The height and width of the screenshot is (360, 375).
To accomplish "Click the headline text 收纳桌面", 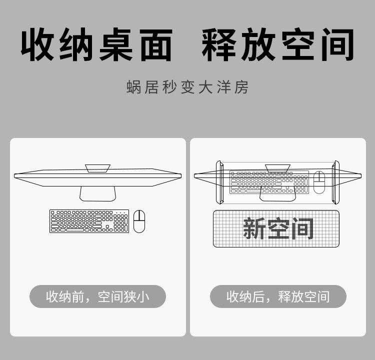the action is click(x=96, y=44).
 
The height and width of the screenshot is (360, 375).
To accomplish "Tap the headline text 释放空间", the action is click(x=278, y=44).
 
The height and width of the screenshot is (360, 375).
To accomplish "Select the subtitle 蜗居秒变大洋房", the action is click(x=187, y=87).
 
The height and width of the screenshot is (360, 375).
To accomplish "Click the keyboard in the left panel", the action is click(x=89, y=221).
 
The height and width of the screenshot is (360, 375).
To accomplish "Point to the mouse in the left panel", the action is click(x=139, y=221).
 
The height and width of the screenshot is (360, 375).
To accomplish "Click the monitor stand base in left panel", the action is click(x=98, y=194).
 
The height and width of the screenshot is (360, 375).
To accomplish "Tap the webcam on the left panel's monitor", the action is click(x=98, y=168).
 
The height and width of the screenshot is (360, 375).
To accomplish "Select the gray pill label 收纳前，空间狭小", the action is click(x=97, y=296).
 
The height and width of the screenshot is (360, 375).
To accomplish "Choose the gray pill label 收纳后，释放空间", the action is click(x=278, y=296).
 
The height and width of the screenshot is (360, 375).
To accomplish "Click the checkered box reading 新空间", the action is click(x=276, y=228).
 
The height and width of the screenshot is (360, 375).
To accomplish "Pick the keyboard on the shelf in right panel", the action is click(x=269, y=182).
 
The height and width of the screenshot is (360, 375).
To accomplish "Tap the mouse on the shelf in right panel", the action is click(x=319, y=182).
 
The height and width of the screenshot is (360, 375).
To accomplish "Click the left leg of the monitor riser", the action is click(x=220, y=182).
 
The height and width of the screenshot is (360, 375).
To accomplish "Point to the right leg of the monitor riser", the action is click(x=335, y=182).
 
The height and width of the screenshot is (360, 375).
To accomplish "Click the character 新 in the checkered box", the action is click(x=254, y=228).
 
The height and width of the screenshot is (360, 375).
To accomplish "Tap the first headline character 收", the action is click(x=37, y=44).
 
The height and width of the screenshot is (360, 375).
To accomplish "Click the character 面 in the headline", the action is click(x=156, y=44).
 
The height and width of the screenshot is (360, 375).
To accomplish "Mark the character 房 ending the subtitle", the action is click(x=241, y=87).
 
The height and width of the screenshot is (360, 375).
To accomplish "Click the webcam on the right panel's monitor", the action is click(x=277, y=168).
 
